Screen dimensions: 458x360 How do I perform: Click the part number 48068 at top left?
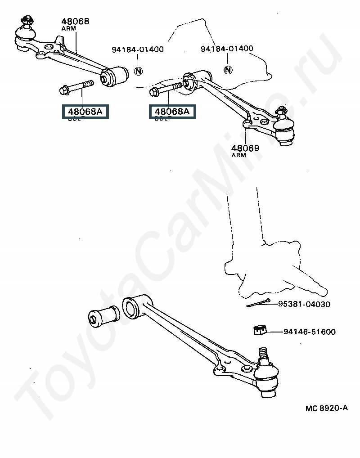pos(75,21)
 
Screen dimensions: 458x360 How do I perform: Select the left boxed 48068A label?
pos(85,111)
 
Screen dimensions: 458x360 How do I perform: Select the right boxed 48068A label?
pos(172,111)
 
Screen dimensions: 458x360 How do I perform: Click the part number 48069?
pos(245,148)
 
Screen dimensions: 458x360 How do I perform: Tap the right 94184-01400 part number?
pos(227,48)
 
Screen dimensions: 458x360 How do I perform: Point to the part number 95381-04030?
pos(304,304)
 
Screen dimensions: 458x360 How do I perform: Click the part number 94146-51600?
pos(310,332)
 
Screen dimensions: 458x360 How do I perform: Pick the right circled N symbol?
pos(228,69)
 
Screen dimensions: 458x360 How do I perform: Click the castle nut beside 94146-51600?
pos(259,331)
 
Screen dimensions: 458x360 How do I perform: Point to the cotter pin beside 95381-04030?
pos(258,304)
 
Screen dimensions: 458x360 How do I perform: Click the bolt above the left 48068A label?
pos(76,86)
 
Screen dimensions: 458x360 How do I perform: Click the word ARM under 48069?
pos(238,155)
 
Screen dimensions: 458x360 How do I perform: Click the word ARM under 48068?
pos(68,28)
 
